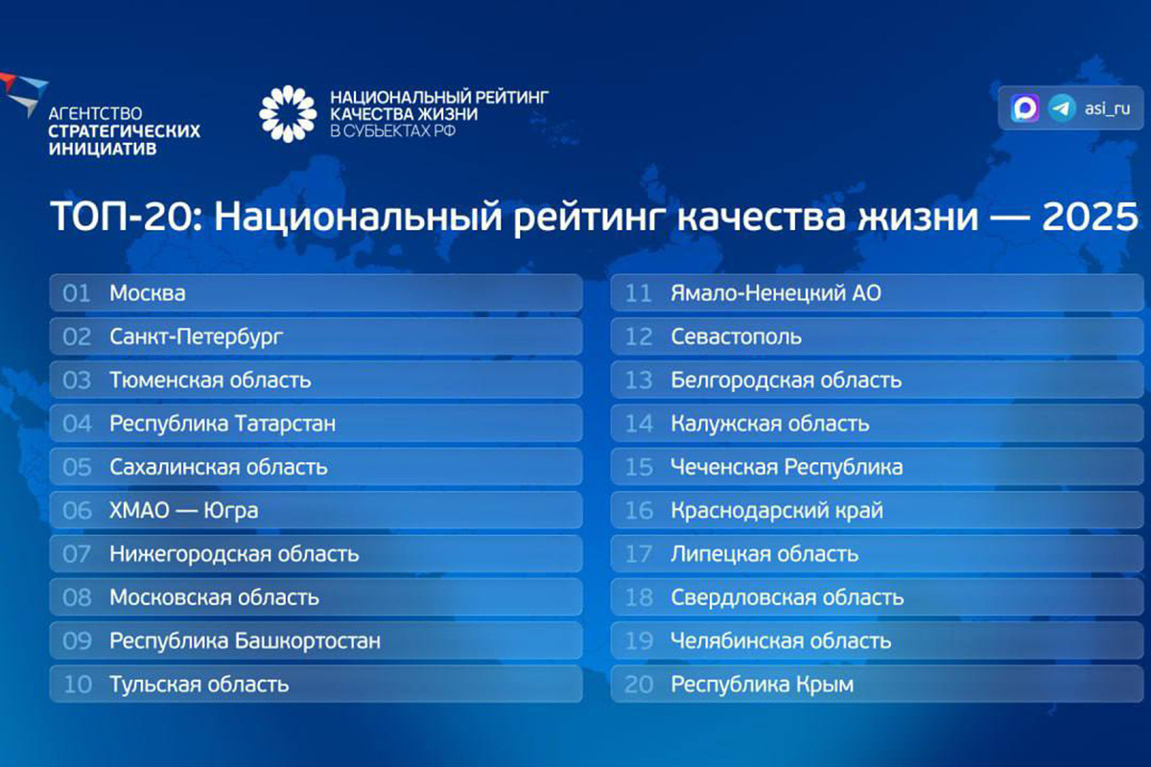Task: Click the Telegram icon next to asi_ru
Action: pos(1061,108)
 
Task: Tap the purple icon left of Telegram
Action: pos(1025,108)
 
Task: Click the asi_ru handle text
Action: pos(1107,108)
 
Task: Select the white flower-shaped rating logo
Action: pos(287,113)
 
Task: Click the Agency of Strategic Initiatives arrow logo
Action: pos(21,92)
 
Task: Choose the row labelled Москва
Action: pos(148,293)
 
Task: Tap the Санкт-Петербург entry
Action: pos(197,337)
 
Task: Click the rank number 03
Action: pos(77,381)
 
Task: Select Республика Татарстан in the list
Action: pos(223,424)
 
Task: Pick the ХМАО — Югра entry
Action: pos(183,511)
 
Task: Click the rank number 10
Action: pos(77,685)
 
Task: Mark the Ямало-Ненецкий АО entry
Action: pos(775,293)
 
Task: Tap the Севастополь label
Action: pos(736,337)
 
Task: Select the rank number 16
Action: pos(639,511)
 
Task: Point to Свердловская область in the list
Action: pos(787,598)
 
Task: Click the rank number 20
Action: pos(639,685)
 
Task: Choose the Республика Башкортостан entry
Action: pos(245,641)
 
